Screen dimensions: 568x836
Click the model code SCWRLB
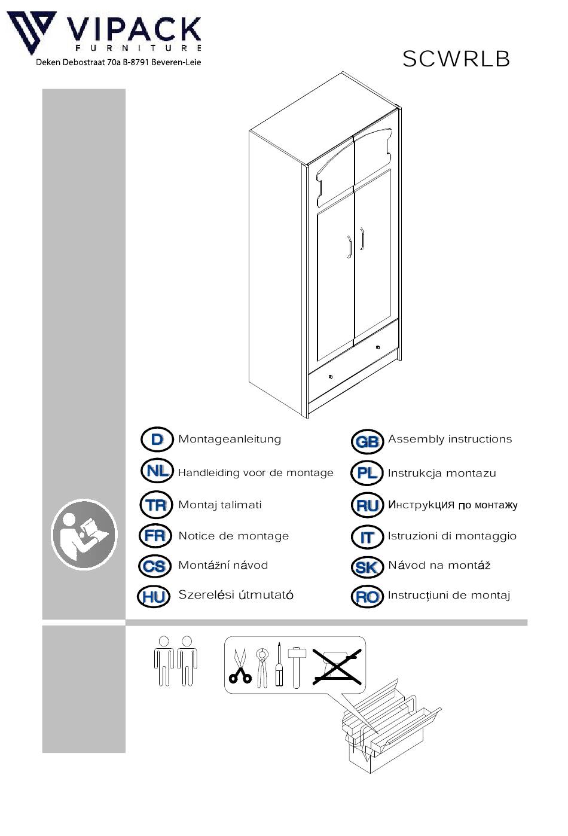click(x=456, y=59)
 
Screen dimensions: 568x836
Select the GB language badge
click(x=367, y=441)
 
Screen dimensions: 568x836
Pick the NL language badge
click(x=157, y=471)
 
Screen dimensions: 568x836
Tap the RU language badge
click(x=367, y=505)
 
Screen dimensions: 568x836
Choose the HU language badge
click(x=154, y=597)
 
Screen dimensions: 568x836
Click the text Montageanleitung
click(x=230, y=440)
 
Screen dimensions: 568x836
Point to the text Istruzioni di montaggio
click(x=452, y=536)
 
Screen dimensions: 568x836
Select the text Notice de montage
click(x=234, y=536)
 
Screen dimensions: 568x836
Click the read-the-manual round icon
click(x=84, y=535)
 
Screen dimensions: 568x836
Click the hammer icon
click(x=297, y=668)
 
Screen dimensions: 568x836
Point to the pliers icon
click(x=262, y=668)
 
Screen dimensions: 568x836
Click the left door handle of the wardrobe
click(x=349, y=247)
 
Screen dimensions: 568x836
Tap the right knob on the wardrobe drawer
click(x=378, y=347)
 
